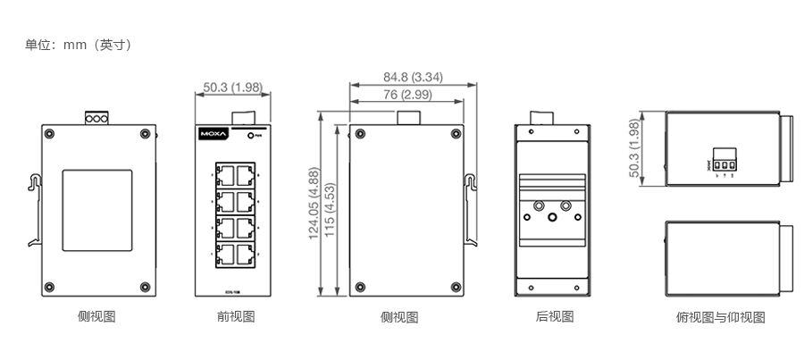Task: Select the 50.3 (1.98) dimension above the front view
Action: [232, 87]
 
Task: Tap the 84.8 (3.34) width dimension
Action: [414, 77]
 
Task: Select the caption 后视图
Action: [554, 316]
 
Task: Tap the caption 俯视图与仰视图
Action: [721, 317]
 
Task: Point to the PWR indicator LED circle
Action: [253, 136]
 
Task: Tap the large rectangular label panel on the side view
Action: [96, 206]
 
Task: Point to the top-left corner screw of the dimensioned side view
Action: [359, 136]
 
